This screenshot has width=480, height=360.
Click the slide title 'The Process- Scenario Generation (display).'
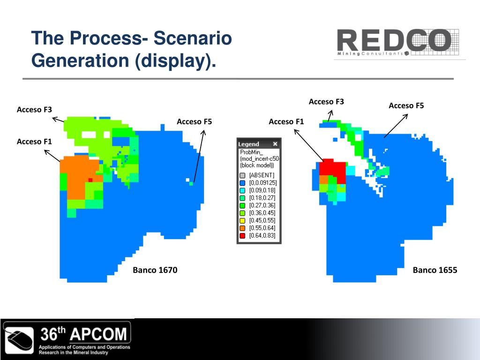point(131,49)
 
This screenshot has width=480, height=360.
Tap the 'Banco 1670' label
point(155,270)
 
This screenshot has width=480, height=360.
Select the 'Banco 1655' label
point(435,270)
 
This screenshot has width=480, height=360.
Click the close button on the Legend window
point(275,144)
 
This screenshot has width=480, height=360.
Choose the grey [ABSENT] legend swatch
point(242,175)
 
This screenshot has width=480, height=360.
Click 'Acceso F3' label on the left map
point(34,110)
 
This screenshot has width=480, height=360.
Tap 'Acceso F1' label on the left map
point(34,142)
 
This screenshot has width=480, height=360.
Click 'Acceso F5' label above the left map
point(194,122)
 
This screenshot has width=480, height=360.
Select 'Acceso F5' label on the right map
point(406,106)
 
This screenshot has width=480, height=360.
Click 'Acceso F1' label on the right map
point(286,122)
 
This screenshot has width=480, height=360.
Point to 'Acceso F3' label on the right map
point(326,102)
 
